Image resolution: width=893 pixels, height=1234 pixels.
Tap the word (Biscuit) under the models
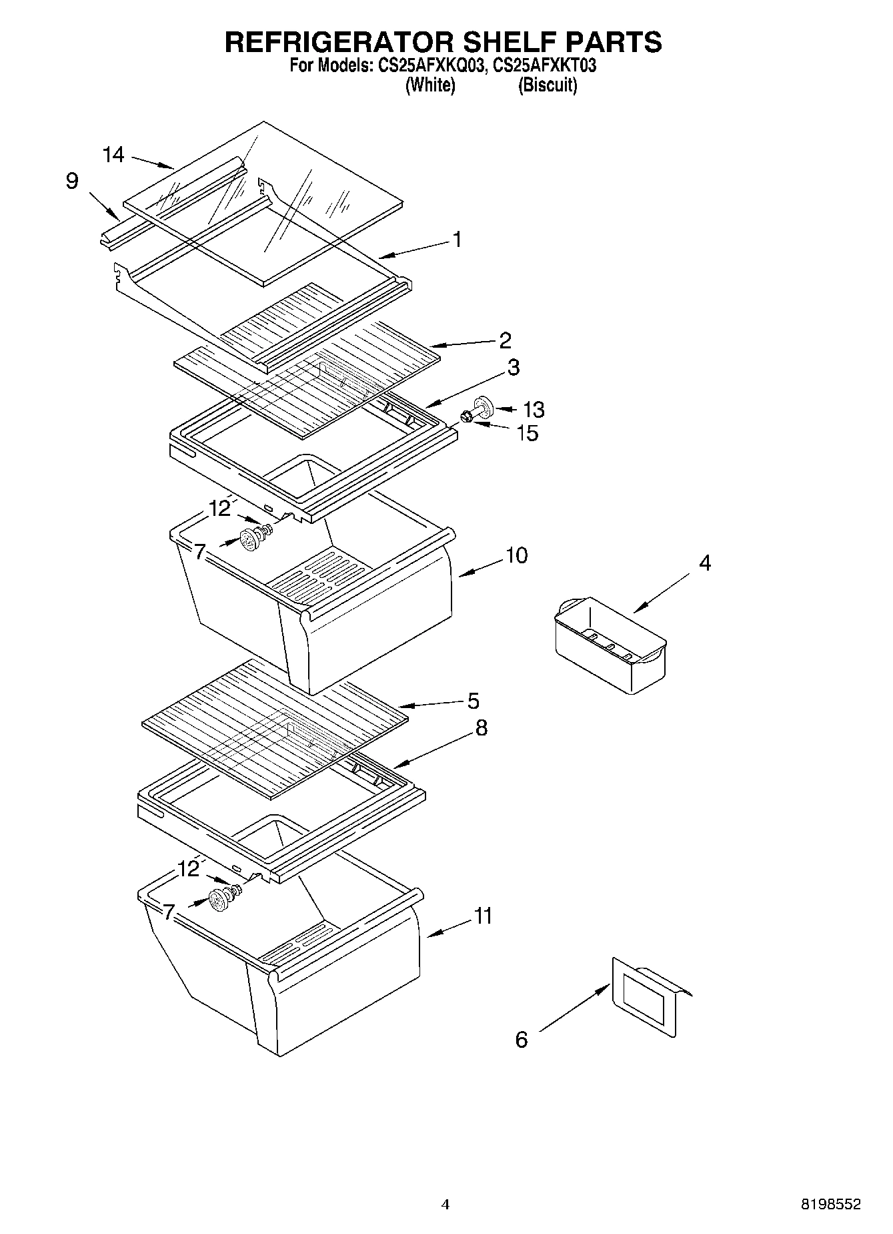[548, 85]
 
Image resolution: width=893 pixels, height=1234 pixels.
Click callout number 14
[113, 155]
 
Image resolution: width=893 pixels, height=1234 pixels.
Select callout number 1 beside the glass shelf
[457, 239]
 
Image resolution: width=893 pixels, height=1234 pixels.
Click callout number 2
[505, 340]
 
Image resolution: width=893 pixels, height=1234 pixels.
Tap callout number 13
[534, 409]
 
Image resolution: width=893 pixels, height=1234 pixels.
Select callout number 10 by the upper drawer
[516, 555]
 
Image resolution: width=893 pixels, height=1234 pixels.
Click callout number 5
[472, 701]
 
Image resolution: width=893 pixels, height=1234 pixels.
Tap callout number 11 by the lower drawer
[483, 915]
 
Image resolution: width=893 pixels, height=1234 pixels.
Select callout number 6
[522, 1039]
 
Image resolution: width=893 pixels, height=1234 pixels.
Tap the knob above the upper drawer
[250, 539]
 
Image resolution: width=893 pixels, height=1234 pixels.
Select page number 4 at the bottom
[445, 1204]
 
